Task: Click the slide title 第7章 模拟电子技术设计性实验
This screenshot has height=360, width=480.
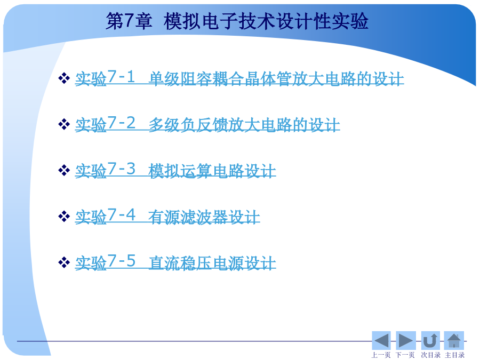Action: pyautogui.click(x=237, y=21)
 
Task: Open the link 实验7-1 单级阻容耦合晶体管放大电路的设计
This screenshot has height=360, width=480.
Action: pyautogui.click(x=239, y=78)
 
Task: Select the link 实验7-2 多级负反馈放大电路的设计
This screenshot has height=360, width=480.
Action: pyautogui.click(x=207, y=124)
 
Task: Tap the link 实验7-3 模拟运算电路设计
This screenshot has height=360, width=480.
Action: pyautogui.click(x=175, y=170)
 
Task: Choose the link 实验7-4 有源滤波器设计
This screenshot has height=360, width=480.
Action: pyautogui.click(x=167, y=216)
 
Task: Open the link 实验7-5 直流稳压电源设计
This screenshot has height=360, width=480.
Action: pyautogui.click(x=175, y=262)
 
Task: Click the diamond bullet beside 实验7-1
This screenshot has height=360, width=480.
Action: pyautogui.click(x=64, y=78)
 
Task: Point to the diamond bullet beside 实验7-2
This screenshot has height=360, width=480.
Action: pyautogui.click(x=64, y=124)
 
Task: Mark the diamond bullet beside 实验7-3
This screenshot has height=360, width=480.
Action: pyautogui.click(x=64, y=170)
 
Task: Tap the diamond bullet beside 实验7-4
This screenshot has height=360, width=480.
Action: pyautogui.click(x=64, y=216)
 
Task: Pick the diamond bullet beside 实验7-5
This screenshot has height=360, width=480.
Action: pyautogui.click(x=64, y=262)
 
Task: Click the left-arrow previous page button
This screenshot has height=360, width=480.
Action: pyautogui.click(x=381, y=340)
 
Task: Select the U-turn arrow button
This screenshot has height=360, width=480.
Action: pyautogui.click(x=430, y=340)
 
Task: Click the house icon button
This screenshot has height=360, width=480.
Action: pyautogui.click(x=454, y=340)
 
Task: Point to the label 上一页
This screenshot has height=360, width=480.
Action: pyautogui.click(x=381, y=355)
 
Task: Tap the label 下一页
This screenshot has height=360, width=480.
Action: pyautogui.click(x=405, y=355)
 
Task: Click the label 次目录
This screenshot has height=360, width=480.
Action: pyautogui.click(x=431, y=355)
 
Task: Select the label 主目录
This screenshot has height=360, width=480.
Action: pyautogui.click(x=454, y=355)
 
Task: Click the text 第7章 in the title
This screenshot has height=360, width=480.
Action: pyautogui.click(x=129, y=21)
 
